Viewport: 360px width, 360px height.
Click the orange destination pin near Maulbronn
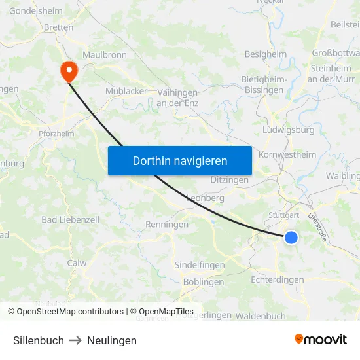[68, 71]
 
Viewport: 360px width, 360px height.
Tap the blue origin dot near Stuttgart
[291, 238]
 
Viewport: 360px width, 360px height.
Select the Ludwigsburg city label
[288, 130]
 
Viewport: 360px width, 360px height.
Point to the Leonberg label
[206, 198]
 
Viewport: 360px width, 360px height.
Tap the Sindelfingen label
[200, 265]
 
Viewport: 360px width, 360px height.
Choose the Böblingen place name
[204, 282]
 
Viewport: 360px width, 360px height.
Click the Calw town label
[77, 262]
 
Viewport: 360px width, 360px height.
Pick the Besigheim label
[265, 54]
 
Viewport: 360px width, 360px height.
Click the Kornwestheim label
[287, 154]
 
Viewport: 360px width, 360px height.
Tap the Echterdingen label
[278, 279]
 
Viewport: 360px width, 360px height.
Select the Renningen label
[166, 225]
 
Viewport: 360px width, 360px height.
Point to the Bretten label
[58, 27]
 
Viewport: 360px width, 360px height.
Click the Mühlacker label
[126, 91]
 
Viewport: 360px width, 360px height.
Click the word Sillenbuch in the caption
[39, 340]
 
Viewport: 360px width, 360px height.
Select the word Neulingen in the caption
[112, 340]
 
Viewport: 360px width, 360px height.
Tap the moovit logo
[321, 339]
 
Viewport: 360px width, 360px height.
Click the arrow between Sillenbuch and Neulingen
[75, 340]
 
